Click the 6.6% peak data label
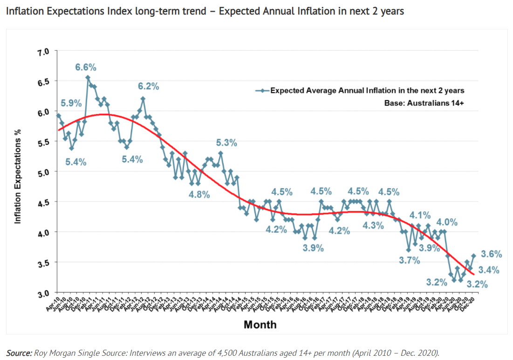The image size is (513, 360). coord(86,67)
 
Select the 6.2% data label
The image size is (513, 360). coord(148,86)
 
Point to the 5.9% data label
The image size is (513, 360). coord(72,103)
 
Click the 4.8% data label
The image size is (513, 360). coord(199,195)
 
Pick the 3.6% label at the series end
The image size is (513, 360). coord(491,254)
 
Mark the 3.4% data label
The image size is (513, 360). coord(489,270)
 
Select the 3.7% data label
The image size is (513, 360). coord(410,260)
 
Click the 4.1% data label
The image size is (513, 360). coord(420,215)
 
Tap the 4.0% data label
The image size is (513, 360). coord(446,222)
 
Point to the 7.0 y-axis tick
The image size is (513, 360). coord(43,51)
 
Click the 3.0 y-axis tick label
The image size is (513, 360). coord(43,293)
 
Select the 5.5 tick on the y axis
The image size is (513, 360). coord(43,142)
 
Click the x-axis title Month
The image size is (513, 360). coord(260,325)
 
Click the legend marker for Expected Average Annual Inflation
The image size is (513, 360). coord(263,91)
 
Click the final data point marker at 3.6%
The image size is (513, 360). coord(474,255)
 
